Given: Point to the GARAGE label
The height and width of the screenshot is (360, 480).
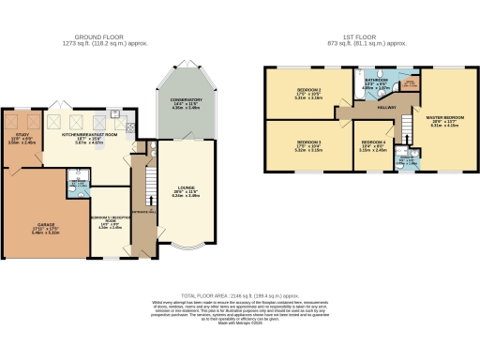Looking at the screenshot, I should [x=44, y=225].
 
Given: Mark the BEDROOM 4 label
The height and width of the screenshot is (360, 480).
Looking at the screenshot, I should [x=375, y=144].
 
